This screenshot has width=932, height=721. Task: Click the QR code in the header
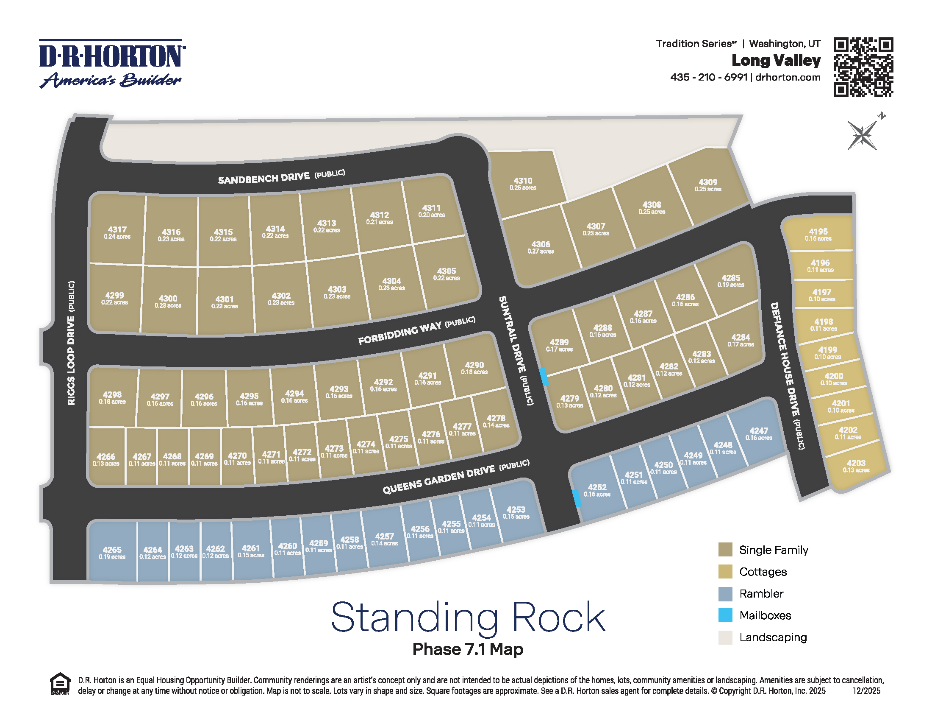(x=863, y=67)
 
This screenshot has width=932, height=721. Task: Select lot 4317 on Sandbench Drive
(x=117, y=232)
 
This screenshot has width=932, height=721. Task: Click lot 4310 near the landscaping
(x=523, y=184)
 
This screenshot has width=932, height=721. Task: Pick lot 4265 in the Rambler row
(x=112, y=553)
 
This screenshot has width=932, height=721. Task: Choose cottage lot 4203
(x=856, y=466)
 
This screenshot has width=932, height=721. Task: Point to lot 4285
(x=731, y=281)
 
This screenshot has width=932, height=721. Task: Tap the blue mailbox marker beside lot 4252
(x=576, y=498)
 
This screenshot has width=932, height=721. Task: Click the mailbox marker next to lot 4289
(x=543, y=377)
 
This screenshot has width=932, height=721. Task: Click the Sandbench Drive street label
(x=264, y=178)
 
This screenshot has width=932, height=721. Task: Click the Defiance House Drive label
(x=784, y=359)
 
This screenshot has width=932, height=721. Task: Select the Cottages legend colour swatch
(x=725, y=572)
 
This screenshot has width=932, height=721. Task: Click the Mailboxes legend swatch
(x=725, y=615)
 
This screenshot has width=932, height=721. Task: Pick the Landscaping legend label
(x=773, y=637)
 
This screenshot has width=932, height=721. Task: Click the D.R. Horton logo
(x=112, y=64)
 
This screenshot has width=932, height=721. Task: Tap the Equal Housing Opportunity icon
(x=60, y=684)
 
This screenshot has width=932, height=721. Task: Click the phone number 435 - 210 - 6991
(x=708, y=77)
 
